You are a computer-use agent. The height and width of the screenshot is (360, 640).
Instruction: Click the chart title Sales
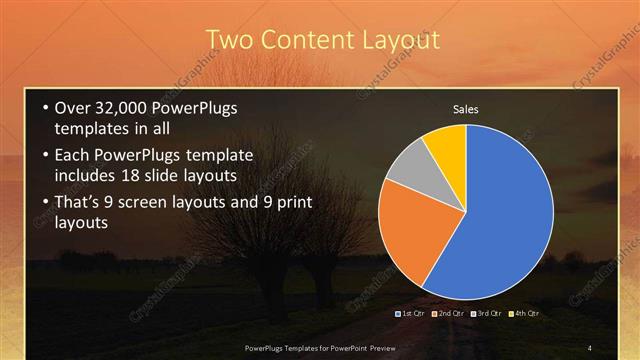point(467,109)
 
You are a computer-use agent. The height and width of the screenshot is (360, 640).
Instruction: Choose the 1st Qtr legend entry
point(411,314)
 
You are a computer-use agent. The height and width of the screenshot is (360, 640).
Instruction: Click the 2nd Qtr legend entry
point(446,314)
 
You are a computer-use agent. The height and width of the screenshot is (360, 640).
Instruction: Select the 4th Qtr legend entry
point(523,314)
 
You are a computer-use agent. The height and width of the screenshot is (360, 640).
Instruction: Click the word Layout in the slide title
point(391,41)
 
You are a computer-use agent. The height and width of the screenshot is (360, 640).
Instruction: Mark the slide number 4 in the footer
point(590,347)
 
